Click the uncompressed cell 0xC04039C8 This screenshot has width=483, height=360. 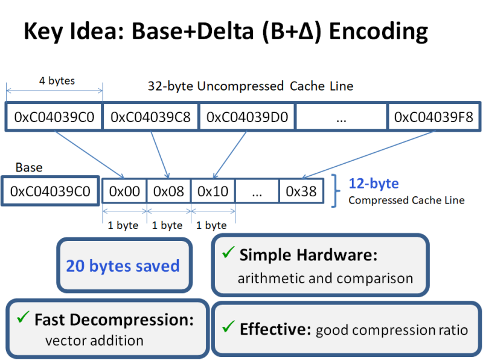tap(150, 117)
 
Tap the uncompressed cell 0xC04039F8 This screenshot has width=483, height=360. tap(433, 117)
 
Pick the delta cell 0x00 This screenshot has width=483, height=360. tap(124, 191)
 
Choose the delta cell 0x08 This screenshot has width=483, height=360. tap(168, 191)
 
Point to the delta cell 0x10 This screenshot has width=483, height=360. tap(213, 191)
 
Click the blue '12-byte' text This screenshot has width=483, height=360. tap(374, 183)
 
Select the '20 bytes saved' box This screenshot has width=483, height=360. tap(123, 266)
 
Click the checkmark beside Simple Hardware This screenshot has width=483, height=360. tap(228, 254)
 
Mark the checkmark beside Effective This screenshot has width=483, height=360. tap(228, 327)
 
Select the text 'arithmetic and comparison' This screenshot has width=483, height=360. tap(325, 278)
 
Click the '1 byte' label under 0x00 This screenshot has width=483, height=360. tap(123, 225)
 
